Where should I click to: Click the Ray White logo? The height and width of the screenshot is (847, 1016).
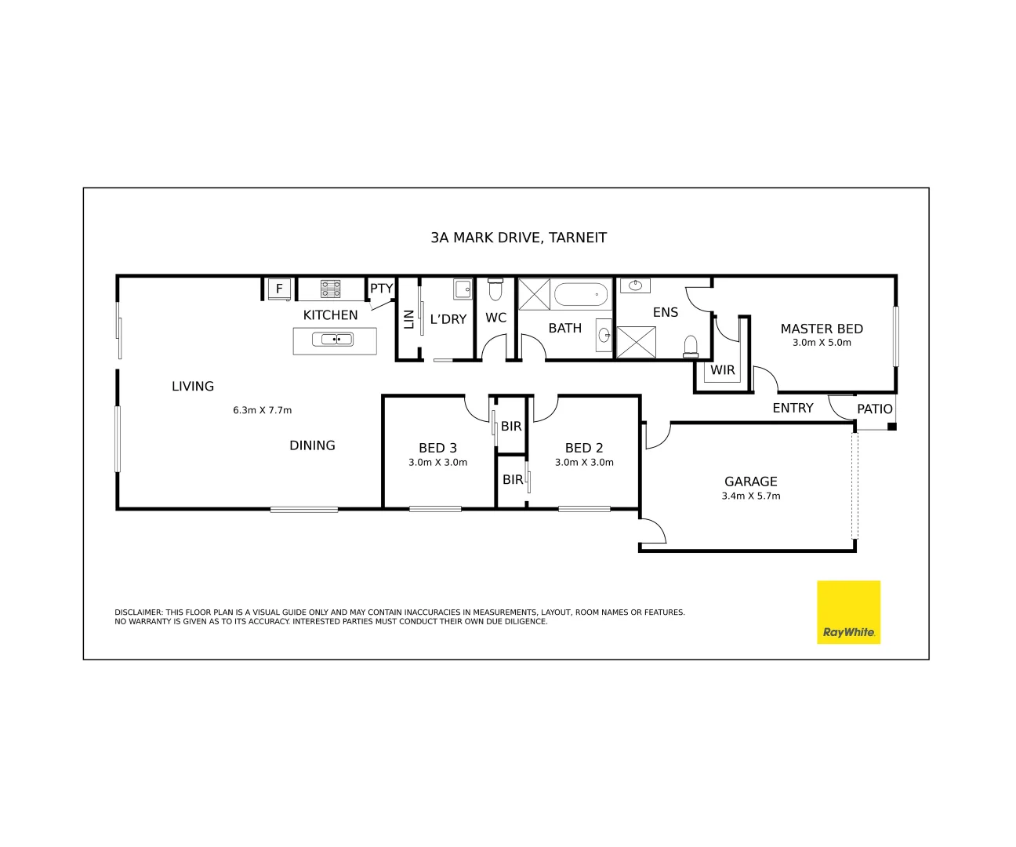point(848,613)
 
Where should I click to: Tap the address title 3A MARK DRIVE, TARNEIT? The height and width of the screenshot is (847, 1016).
point(518,238)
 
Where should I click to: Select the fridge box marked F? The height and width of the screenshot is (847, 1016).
point(279,289)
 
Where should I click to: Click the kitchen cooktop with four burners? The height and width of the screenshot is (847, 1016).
point(331,289)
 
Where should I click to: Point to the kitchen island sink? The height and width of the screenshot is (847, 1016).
point(333,340)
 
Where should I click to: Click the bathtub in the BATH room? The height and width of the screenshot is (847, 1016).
point(581,295)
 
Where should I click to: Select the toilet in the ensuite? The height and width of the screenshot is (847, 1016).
point(691,347)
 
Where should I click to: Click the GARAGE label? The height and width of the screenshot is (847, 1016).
point(750,482)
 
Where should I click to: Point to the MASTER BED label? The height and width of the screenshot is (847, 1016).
point(822,329)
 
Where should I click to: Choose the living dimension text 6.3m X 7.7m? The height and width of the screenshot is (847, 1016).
point(262,410)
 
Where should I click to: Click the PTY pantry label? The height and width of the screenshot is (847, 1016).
point(381,289)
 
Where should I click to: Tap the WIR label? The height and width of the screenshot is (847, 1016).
point(722,370)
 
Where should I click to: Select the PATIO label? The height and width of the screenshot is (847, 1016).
point(874,409)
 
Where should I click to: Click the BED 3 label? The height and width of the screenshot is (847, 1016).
point(437,448)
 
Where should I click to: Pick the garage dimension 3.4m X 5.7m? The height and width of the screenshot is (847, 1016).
point(750,496)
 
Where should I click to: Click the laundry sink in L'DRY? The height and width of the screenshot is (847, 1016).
point(463,289)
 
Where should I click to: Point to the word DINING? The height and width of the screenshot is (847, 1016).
point(312,445)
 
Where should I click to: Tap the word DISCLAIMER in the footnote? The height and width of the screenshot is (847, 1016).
point(138,613)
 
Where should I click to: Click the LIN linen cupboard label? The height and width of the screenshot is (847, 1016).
point(408,319)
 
